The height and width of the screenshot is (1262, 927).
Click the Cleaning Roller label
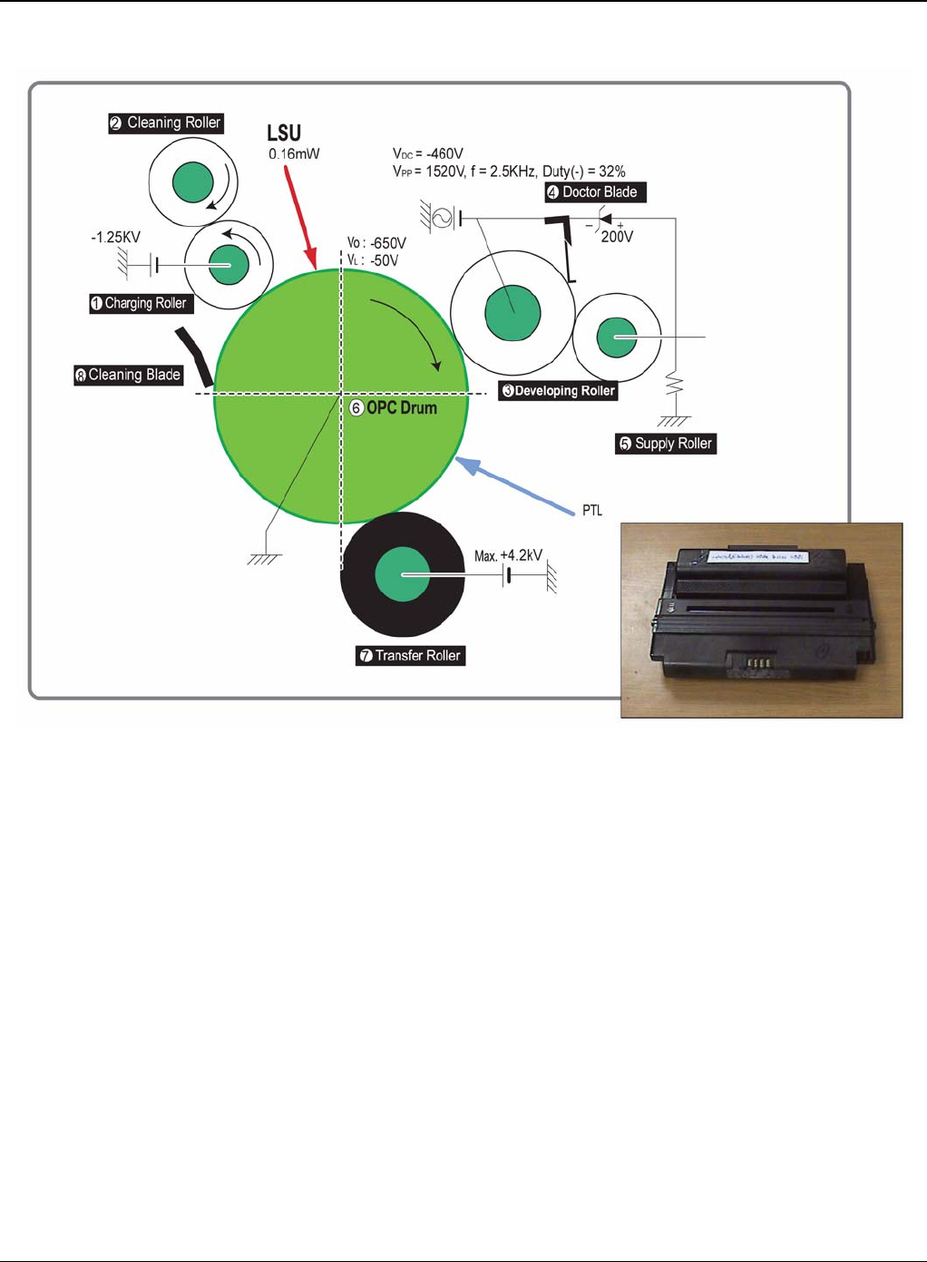coord(166,122)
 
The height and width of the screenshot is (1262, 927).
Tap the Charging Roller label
coord(141,303)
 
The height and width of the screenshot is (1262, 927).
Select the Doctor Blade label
coord(595,192)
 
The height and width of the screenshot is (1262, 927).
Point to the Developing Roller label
coord(558,391)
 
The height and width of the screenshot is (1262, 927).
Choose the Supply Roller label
coord(666,444)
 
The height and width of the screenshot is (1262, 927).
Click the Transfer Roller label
coord(410,655)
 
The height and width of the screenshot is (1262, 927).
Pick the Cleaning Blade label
coord(128,375)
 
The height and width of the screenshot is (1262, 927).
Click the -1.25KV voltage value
coord(116,238)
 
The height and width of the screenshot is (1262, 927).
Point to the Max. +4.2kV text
coord(508,555)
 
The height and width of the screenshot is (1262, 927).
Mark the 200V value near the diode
coord(617,237)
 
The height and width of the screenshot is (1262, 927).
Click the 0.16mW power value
coord(294,154)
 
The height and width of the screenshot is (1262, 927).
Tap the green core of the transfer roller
coord(402,574)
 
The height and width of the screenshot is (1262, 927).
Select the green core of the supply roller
coord(617,338)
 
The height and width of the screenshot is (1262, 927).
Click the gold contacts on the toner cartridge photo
coord(757,663)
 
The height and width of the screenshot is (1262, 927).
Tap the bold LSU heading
coord(284,133)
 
